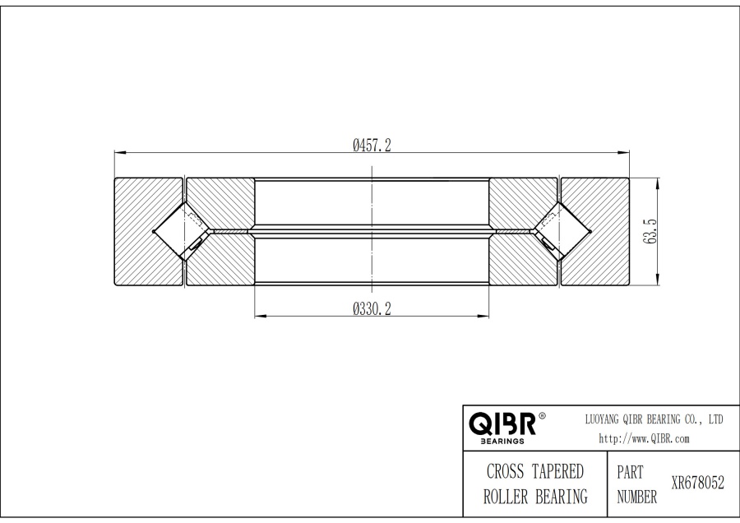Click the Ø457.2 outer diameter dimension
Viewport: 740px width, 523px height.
[x=371, y=145]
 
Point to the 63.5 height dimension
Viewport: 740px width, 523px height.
[x=650, y=231]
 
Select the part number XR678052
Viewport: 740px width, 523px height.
[x=697, y=484]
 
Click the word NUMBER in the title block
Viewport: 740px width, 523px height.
[x=636, y=497]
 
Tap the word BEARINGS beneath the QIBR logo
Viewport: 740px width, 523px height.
[x=502, y=441]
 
